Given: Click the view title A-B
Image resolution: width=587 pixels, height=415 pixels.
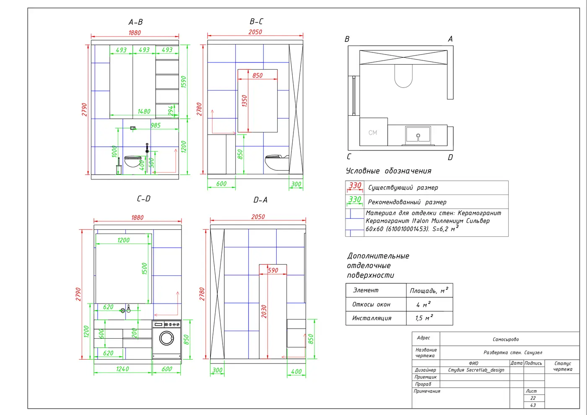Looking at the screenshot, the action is coord(135,22).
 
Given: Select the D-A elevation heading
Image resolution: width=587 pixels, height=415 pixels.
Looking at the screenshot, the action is coord(260,200).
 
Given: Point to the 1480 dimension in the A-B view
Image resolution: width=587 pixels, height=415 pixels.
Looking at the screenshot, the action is coord(144,112).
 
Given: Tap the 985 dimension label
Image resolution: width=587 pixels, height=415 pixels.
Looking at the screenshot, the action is coord(156,125).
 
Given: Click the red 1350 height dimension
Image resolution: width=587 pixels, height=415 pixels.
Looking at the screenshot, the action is coord(244,101).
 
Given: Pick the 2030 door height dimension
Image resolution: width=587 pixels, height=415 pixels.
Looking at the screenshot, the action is coord(264,311).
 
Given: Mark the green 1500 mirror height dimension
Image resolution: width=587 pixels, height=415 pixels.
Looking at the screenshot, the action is coord(145,269).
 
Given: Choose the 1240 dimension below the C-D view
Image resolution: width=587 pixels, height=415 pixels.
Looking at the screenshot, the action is coord(122,369).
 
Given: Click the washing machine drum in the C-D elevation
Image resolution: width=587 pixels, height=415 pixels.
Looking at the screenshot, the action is coord(167,338).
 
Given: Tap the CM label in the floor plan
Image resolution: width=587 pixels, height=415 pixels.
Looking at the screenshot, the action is coord(373,132).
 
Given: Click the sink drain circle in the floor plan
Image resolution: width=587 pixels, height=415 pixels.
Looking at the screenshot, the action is coord(418,135).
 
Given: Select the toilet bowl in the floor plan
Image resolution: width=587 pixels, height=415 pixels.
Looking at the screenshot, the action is coord(403,76).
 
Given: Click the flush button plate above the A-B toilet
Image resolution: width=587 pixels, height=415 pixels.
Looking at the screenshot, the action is coord(133,128).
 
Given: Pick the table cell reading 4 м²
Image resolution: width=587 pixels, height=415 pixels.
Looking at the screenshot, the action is coord(423,304).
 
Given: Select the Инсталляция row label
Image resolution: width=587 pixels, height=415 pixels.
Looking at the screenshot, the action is coord(371,318).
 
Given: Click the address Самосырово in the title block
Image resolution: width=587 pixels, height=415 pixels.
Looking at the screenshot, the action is coord(506,339).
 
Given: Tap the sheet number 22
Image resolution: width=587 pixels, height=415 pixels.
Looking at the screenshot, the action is coord(533,398).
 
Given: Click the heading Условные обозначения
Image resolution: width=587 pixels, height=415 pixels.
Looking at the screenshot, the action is coord(388,171).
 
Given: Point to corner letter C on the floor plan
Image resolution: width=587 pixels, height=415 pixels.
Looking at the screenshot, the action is coord(349,157).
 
